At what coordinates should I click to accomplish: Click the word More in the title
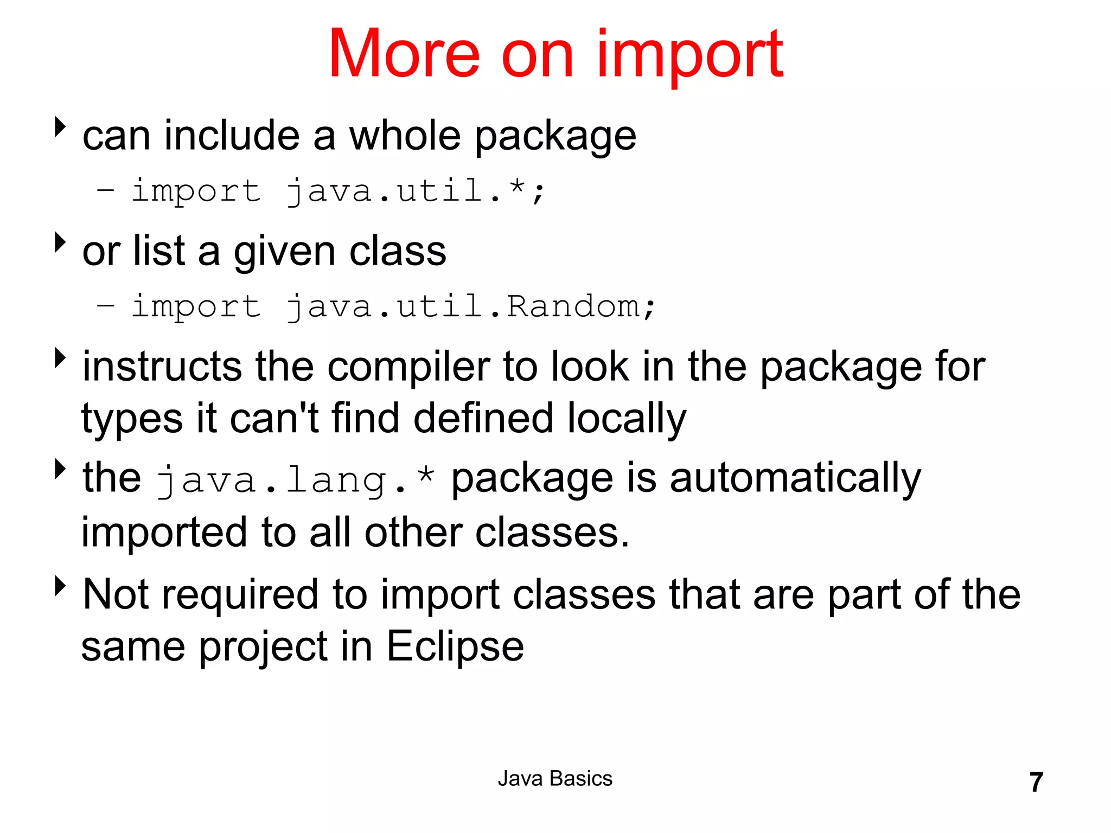point(404,54)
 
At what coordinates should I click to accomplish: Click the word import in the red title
point(689,54)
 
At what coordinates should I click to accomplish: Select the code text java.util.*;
point(415,191)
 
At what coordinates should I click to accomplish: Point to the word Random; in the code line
point(581,306)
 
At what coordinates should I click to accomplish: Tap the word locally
point(627,419)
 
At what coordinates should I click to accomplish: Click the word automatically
point(795,478)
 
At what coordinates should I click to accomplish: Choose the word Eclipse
point(455,646)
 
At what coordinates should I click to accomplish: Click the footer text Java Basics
point(555,779)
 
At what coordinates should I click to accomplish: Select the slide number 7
point(1036,783)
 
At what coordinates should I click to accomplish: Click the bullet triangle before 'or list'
point(60,242)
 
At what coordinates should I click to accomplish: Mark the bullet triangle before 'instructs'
point(60,358)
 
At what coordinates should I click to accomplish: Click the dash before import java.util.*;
point(105,190)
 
